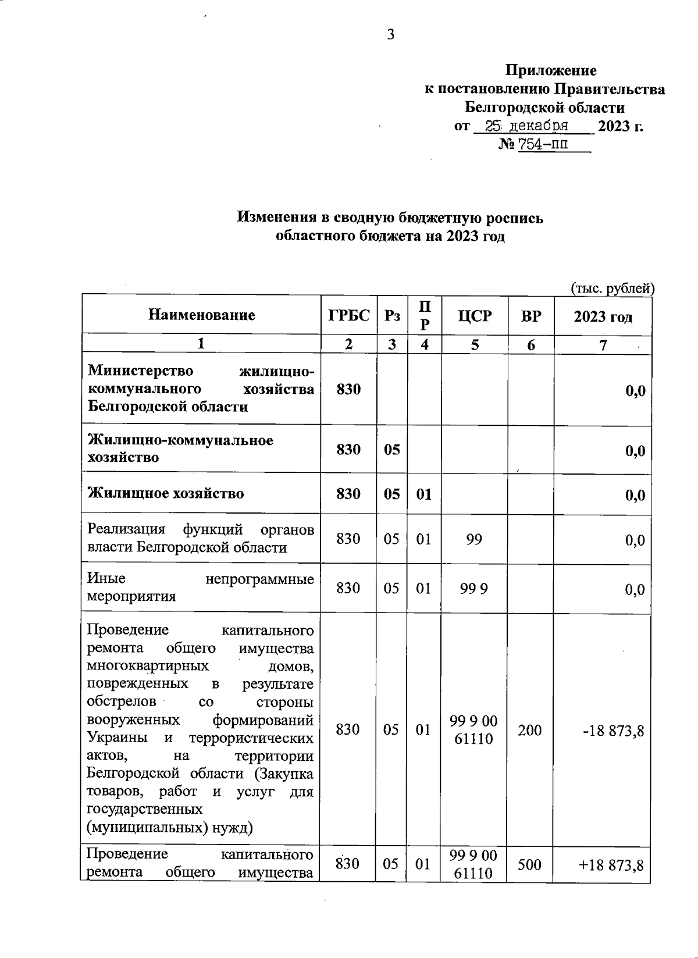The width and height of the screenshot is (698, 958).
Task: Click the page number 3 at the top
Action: pyautogui.click(x=390, y=35)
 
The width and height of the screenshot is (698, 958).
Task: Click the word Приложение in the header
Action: pyautogui.click(x=551, y=71)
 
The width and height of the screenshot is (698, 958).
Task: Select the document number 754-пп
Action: pyautogui.click(x=543, y=144)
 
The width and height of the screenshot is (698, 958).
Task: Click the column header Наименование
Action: pyautogui.click(x=202, y=315)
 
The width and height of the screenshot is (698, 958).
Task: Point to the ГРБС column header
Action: pyautogui.click(x=348, y=315)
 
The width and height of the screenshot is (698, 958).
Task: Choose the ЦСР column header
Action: pyautogui.click(x=475, y=316)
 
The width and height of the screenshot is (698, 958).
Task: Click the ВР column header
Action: pyautogui.click(x=530, y=316)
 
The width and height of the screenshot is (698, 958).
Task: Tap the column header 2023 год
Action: pyautogui.click(x=603, y=316)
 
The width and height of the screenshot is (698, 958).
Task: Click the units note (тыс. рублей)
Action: pyautogui.click(x=612, y=288)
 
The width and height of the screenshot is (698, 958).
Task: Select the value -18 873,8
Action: pyautogui.click(x=613, y=731)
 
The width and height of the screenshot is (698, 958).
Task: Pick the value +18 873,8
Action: pyautogui.click(x=611, y=865)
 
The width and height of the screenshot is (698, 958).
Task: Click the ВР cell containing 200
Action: pyautogui.click(x=530, y=729)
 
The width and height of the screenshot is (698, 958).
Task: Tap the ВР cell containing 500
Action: pyautogui.click(x=529, y=864)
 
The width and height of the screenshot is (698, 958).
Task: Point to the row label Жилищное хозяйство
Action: pyautogui.click(x=166, y=494)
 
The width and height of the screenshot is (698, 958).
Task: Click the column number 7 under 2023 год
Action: pyautogui.click(x=603, y=345)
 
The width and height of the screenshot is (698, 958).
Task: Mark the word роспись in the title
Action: pyautogui.click(x=515, y=218)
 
